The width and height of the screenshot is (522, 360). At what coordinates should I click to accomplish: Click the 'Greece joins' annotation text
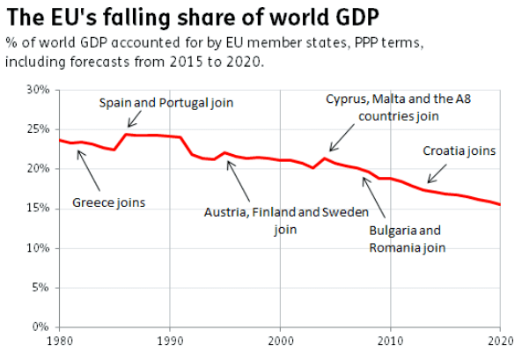click(x=109, y=203)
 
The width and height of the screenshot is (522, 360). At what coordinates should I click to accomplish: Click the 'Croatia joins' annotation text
click(x=460, y=151)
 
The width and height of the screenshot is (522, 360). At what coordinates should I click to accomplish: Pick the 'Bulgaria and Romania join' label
click(x=405, y=239)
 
